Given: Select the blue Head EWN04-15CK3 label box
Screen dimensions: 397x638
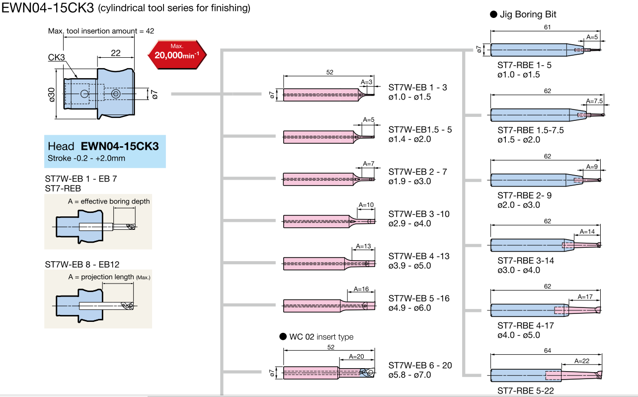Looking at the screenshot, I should (x=105, y=151).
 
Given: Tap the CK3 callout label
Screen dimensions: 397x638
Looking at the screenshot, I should (x=57, y=57).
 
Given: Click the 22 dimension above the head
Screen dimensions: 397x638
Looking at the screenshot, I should (x=115, y=53).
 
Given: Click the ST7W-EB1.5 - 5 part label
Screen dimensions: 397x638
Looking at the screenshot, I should (x=420, y=130).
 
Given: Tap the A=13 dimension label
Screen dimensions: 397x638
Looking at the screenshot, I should (x=363, y=247).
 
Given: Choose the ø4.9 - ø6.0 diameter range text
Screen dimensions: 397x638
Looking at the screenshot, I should (x=409, y=308).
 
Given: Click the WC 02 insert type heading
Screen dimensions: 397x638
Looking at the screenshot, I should (x=321, y=337).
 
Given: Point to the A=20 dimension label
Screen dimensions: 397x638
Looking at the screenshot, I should (x=356, y=356).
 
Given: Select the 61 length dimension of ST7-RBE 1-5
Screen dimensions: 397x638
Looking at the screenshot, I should (x=547, y=27).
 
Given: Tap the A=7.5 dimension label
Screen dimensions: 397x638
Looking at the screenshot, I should (x=594, y=101).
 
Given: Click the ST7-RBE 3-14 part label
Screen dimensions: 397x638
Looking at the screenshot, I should (x=526, y=261).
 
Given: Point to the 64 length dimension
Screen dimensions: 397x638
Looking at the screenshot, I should (x=547, y=350).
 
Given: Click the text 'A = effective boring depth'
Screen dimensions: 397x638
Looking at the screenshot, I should (x=109, y=201).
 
